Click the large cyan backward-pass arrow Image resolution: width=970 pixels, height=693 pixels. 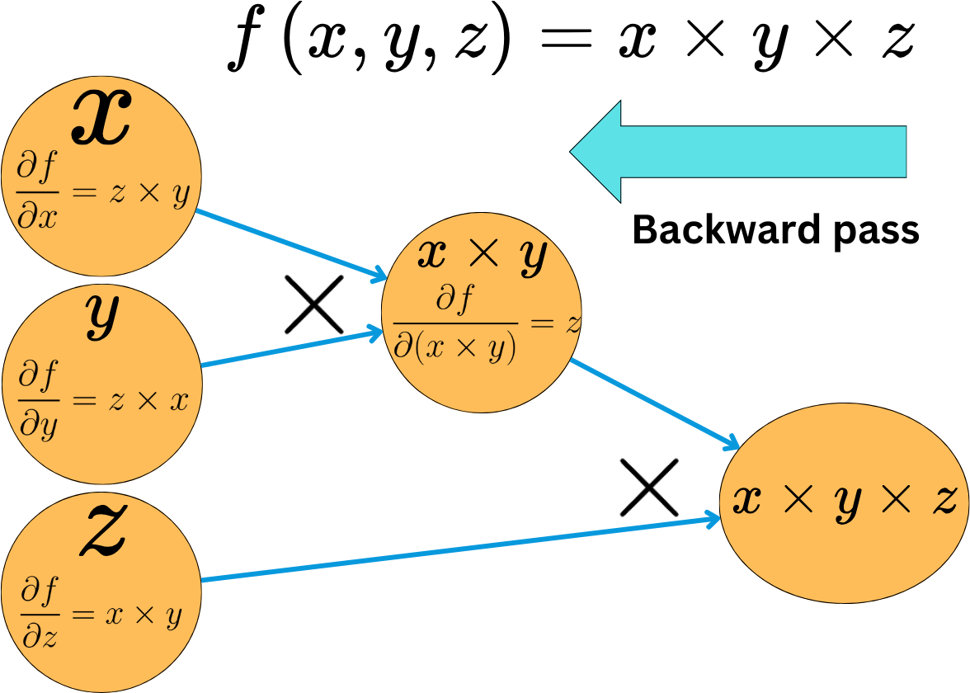pos(737,152)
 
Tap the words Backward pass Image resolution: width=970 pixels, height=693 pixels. pos(775,230)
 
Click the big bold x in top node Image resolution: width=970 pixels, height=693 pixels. pos(101,117)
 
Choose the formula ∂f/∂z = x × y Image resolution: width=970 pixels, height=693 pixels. pos(102,612)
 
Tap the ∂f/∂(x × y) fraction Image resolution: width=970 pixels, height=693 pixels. pos(455,325)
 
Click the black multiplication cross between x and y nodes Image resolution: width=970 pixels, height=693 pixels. pos(314,304)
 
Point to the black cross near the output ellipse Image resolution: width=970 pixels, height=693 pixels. pos(649,488)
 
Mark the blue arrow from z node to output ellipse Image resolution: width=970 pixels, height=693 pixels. pos(461,549)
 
